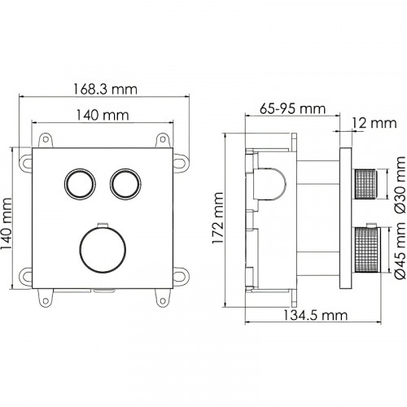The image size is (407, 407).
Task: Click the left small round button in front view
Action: pos(79,184)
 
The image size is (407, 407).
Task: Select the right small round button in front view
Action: pos(125,184)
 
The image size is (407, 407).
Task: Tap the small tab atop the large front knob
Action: pos(102,225)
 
